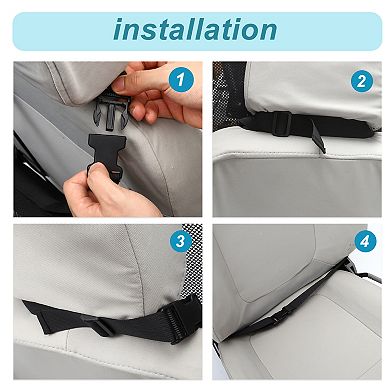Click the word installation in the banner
point(195,29)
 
